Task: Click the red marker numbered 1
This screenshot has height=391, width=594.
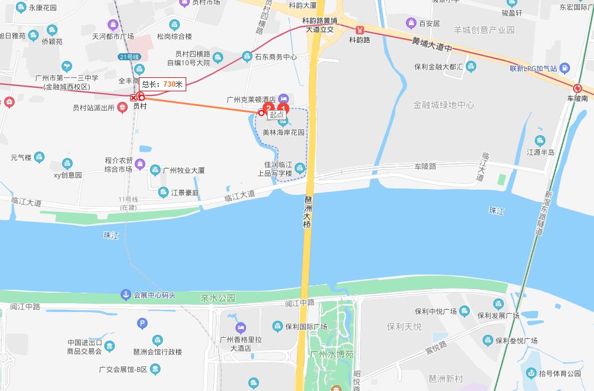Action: pos(283,108)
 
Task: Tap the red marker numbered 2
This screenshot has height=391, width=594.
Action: pos(268,108)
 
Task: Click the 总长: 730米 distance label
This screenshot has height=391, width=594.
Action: pos(162,84)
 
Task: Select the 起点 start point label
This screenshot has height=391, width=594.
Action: pos(276,115)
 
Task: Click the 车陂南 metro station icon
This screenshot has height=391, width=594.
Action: pos(578,88)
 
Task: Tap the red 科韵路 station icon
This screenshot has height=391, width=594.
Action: pos(360,29)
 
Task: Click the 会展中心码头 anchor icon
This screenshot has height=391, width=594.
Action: pos(125,294)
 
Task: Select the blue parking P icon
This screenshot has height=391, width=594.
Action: pos(141,323)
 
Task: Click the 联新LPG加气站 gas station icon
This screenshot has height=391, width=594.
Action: pos(564,68)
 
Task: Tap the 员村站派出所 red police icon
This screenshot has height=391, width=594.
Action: pos(122,107)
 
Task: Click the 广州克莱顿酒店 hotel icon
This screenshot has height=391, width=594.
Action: pos(284,99)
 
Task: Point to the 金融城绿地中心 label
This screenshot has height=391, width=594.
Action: pos(443,105)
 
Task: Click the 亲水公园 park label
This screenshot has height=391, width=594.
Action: pos(217,298)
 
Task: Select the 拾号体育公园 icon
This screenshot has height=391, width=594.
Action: pos(531,373)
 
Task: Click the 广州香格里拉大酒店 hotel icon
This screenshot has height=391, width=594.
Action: pos(240,327)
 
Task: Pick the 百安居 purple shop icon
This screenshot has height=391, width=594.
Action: pos(411,23)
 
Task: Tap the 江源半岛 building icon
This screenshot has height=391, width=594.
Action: pos(540,140)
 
